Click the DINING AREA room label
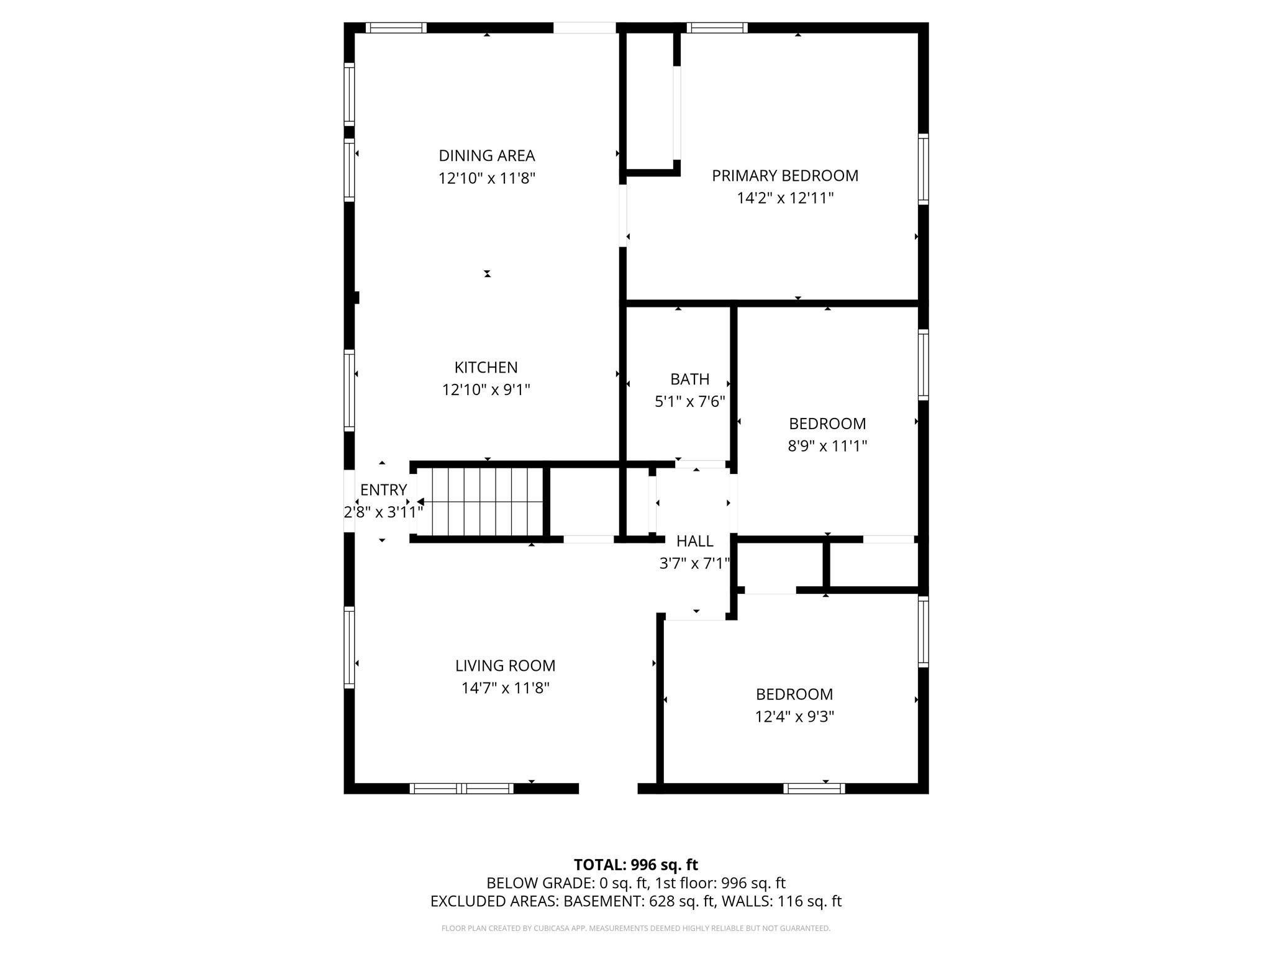(x=486, y=155)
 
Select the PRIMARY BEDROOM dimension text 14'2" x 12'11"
(x=785, y=198)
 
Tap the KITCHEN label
(x=486, y=367)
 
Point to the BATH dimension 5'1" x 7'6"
(x=689, y=402)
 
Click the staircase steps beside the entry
(x=481, y=502)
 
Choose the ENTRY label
(x=383, y=490)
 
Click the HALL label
(x=694, y=541)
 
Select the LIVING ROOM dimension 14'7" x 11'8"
(x=505, y=688)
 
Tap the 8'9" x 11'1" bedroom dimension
(x=827, y=446)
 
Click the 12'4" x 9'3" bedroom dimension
(x=794, y=717)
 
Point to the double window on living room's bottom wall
(x=461, y=789)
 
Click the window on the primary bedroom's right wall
(x=924, y=169)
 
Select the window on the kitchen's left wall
(x=349, y=391)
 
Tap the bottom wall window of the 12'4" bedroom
(x=814, y=789)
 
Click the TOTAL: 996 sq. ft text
(x=635, y=865)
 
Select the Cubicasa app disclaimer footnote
(x=635, y=929)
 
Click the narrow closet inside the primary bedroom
(x=650, y=99)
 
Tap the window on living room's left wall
(x=349, y=647)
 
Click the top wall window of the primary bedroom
(x=717, y=27)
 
